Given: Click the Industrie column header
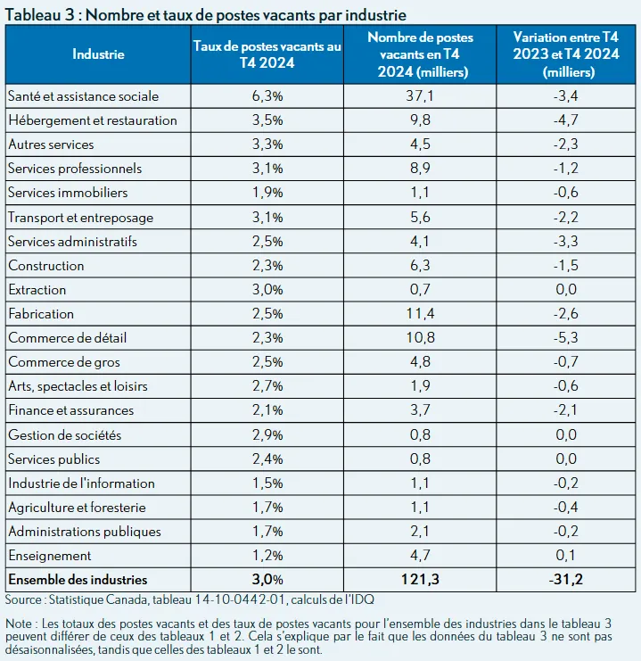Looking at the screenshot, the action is coord(98,54).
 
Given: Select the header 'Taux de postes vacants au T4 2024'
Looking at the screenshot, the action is coord(267,54).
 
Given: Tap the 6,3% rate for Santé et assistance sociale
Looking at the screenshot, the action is coord(267,96).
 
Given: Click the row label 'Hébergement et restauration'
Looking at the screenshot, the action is coord(93,120).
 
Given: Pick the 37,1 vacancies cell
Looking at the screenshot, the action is coord(420,95).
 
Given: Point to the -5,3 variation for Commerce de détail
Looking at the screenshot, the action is coord(565,338).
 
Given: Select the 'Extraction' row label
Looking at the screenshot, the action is coord(37,290).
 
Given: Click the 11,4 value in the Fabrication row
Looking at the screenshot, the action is coord(420,314).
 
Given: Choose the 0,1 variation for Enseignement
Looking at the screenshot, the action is coord(565,555).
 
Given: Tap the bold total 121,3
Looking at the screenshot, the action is coord(420,579).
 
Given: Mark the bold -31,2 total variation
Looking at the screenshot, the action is coord(565,579).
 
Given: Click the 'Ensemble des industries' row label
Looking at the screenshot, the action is coord(78,580).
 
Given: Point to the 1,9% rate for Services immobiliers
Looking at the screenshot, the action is coord(267,193).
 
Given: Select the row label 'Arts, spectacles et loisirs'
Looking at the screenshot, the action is coord(78,386).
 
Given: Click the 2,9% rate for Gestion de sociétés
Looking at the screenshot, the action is coord(267,434).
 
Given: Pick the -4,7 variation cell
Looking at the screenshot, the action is coord(565,120).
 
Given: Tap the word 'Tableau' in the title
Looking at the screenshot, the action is coord(33,15).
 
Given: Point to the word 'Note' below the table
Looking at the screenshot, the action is coord(19,624).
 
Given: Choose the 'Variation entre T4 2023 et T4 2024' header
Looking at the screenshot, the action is coord(566,54).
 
